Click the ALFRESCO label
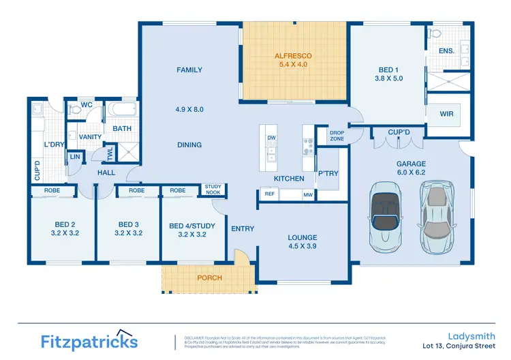coord(293,55)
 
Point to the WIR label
coord(447,113)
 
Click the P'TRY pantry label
coord(328,174)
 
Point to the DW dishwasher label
coord(271,138)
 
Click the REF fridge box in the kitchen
coord(269,195)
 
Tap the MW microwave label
coord(308,195)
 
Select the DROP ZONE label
coord(337,136)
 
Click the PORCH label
coord(209,278)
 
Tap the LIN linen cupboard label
coord(74,157)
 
